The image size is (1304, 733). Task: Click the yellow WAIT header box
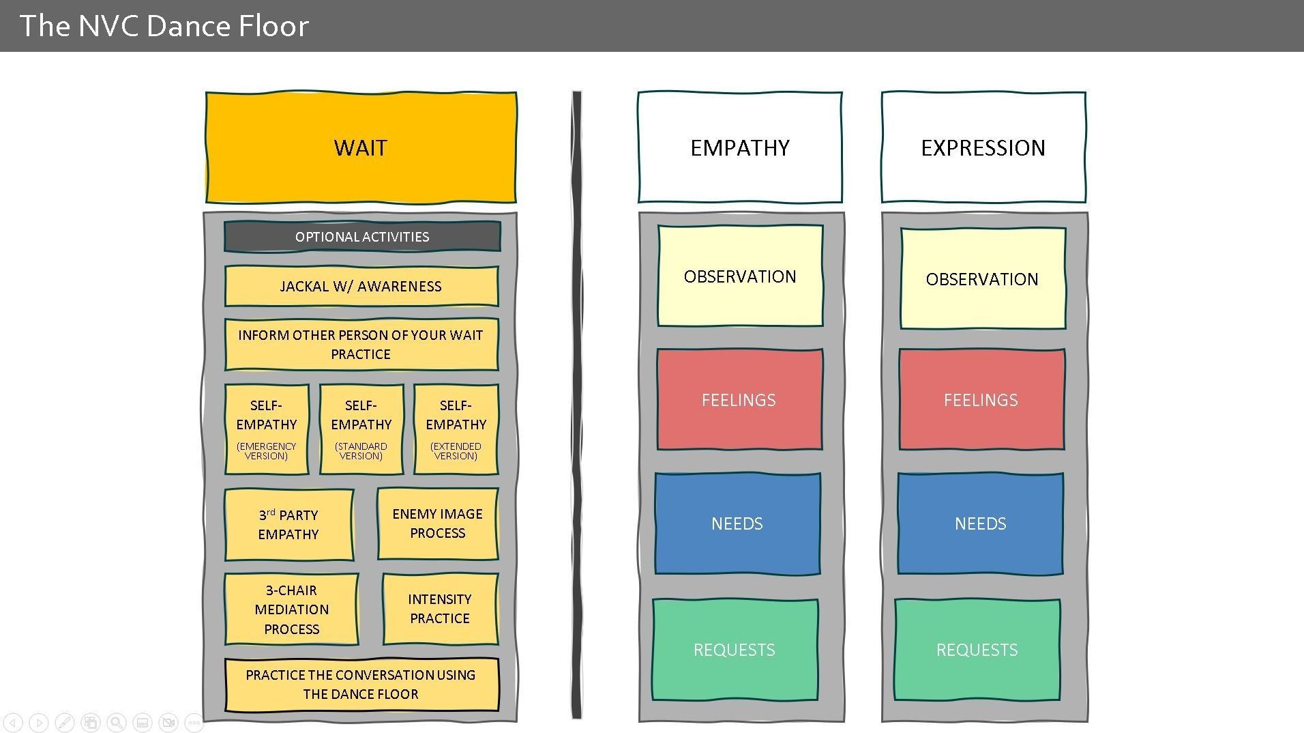361,147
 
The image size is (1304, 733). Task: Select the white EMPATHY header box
740,147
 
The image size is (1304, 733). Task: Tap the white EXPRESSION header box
983,147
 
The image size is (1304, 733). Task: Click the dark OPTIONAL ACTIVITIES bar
362,237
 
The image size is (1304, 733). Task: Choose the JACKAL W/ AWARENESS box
361,286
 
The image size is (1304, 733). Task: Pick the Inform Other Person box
361,344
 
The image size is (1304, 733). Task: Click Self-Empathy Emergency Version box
267,429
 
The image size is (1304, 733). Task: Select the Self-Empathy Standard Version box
361,429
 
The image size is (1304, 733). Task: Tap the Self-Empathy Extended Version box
456,429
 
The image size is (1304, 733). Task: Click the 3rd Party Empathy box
288,524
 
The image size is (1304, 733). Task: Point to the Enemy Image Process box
437,523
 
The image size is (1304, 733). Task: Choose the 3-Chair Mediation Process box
291,609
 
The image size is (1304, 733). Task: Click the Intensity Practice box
440,609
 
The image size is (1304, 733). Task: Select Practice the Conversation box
361,685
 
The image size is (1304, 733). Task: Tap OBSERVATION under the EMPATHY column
740,276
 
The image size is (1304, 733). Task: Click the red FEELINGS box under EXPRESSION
981,400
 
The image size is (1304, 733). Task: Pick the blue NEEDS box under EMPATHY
737,523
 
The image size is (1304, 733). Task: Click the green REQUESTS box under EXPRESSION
977,650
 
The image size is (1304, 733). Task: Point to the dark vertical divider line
577,405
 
